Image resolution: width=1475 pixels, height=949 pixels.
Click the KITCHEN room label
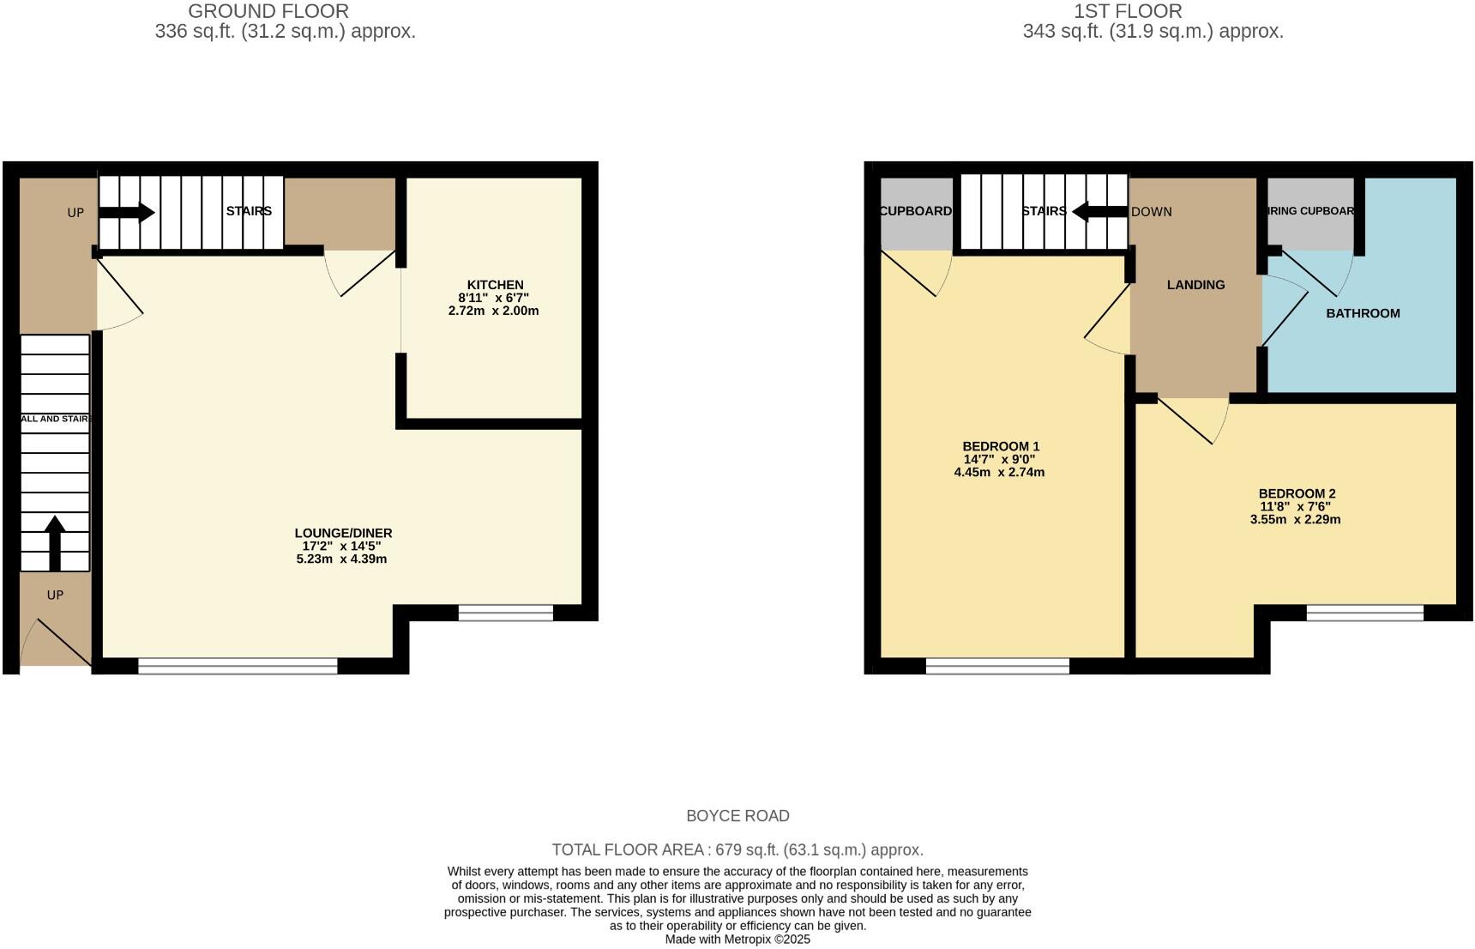pos(495,285)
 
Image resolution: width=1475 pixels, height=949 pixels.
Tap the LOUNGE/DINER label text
pos(343,533)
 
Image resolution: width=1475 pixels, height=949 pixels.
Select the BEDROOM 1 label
pos(1001,446)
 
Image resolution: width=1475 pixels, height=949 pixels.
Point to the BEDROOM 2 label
pos(1297,493)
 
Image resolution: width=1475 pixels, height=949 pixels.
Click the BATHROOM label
pos(1363,313)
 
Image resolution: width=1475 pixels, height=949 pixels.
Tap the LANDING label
pos(1195,285)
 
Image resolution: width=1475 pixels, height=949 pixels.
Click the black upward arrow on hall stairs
pos(55,542)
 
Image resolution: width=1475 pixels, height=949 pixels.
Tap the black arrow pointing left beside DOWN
pos(1099,211)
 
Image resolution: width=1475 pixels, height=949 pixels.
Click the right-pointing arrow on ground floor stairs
pos(127,212)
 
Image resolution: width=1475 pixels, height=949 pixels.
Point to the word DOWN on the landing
pos(1152,212)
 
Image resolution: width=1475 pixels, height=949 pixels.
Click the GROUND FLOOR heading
pos(268,11)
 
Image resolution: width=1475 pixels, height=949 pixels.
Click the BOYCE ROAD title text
pos(737,816)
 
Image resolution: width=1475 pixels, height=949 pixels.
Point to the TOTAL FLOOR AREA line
pos(737,850)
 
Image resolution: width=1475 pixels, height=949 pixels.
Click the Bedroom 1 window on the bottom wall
pos(997,666)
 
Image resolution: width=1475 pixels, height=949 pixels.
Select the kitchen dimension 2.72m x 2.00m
pos(493,311)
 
